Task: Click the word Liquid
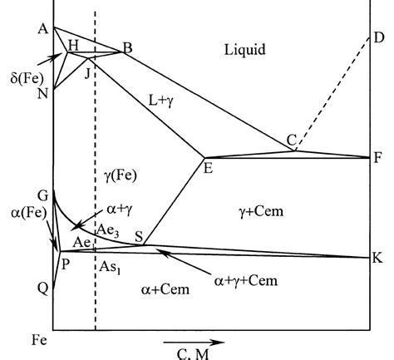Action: click(x=245, y=50)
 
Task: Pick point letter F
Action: click(x=379, y=156)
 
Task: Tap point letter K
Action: click(x=378, y=258)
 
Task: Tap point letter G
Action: click(x=42, y=195)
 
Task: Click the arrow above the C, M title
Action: click(x=193, y=341)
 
